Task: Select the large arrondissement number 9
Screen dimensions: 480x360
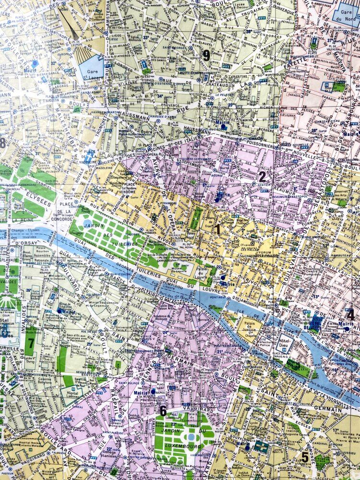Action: [x=206, y=55]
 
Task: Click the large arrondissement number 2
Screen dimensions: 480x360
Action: [x=262, y=177]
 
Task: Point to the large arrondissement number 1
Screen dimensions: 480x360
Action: [x=218, y=229]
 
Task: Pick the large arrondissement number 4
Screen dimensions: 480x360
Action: [x=351, y=315]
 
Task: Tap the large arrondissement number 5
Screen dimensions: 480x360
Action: [x=305, y=457]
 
